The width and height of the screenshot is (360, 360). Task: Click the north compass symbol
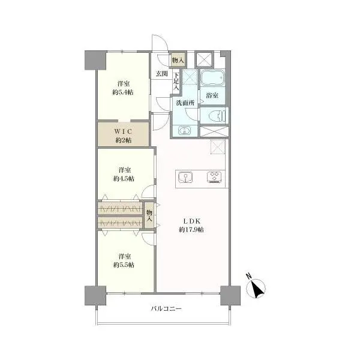pyautogui.click(x=256, y=287)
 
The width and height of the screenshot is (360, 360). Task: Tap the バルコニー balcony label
pyautogui.click(x=166, y=308)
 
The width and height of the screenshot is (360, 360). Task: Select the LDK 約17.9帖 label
pyautogui.click(x=191, y=225)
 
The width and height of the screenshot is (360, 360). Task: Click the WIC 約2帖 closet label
pyautogui.click(x=123, y=136)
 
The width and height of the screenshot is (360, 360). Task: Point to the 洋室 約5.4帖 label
pyautogui.click(x=123, y=88)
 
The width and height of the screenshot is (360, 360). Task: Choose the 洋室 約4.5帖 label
pyautogui.click(x=124, y=174)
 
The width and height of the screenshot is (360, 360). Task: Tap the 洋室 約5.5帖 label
pyautogui.click(x=124, y=260)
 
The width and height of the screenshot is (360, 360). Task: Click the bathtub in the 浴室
pyautogui.click(x=212, y=77)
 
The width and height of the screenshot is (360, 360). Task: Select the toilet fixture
pyautogui.click(x=217, y=116)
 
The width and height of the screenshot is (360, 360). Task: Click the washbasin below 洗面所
pyautogui.click(x=185, y=131)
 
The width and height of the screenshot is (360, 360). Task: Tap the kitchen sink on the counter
pyautogui.click(x=185, y=178)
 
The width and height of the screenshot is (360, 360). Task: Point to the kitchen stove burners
pyautogui.click(x=215, y=177)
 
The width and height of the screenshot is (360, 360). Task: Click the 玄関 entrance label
pyautogui.click(x=161, y=74)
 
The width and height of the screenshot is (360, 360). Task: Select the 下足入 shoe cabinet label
pyautogui.click(x=176, y=81)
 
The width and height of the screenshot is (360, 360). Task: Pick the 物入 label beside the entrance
pyautogui.click(x=178, y=61)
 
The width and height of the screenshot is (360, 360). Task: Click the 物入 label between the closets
pyautogui.click(x=149, y=215)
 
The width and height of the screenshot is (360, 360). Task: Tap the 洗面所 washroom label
pyautogui.click(x=185, y=103)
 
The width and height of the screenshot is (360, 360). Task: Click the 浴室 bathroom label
pyautogui.click(x=212, y=95)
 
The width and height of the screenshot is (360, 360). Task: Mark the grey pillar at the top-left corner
pyautogui.click(x=95, y=60)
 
